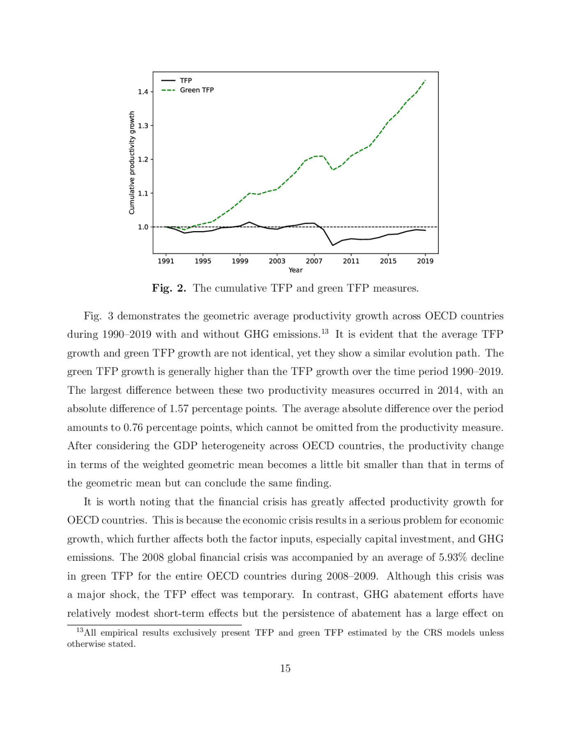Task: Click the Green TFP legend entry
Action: point(197,90)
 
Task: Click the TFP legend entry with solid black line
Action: point(186,81)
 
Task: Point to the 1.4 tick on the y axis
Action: point(143,92)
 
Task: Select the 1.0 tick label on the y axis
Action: point(143,227)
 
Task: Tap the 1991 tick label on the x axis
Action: point(166,261)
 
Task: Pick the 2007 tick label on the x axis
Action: point(314,261)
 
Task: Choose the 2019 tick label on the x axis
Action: point(425,261)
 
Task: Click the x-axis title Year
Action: point(295,270)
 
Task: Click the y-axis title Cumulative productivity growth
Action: point(132,163)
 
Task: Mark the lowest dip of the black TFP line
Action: point(333,245)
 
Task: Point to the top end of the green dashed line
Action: point(425,80)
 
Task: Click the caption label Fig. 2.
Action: point(169,288)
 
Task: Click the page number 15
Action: point(285,668)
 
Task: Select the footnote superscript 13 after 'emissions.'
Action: point(325,331)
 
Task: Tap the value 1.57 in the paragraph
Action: point(179,409)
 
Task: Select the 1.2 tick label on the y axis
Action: point(143,160)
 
